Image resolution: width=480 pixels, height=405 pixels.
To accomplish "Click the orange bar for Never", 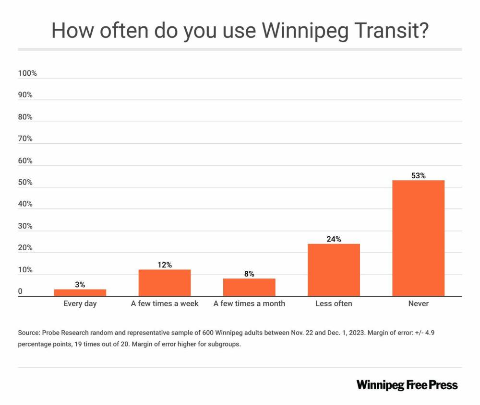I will point(418,238).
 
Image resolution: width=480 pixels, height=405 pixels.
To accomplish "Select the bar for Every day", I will point(80,293).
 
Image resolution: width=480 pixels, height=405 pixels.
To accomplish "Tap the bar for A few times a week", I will point(165,283).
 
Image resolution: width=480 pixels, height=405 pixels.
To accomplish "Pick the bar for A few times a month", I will point(249,288).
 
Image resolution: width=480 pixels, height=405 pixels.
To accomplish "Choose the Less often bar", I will point(334,270).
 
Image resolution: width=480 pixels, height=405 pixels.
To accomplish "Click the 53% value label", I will point(418,176).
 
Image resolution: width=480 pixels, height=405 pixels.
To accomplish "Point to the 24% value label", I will point(334,239).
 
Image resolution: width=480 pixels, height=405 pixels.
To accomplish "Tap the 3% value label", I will point(80,285).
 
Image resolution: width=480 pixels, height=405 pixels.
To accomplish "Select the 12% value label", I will point(165,265).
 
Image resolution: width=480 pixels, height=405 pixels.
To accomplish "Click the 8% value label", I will point(249,274).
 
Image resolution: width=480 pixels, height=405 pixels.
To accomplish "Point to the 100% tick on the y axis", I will point(27,73).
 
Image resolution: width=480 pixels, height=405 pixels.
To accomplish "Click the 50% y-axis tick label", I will point(25,183).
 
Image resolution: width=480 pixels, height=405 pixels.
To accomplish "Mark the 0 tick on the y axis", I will point(20,291).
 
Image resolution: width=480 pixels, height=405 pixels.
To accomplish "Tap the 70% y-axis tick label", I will point(25,139).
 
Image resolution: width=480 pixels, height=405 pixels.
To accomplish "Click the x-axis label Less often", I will point(334,303).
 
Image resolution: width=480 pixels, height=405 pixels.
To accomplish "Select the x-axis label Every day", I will point(80,303).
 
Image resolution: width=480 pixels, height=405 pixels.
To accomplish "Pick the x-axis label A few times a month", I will point(249,303).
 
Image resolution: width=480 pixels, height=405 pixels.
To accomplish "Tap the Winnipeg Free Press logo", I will point(407,385).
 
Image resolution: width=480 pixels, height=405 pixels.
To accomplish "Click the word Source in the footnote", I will point(29,333).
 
